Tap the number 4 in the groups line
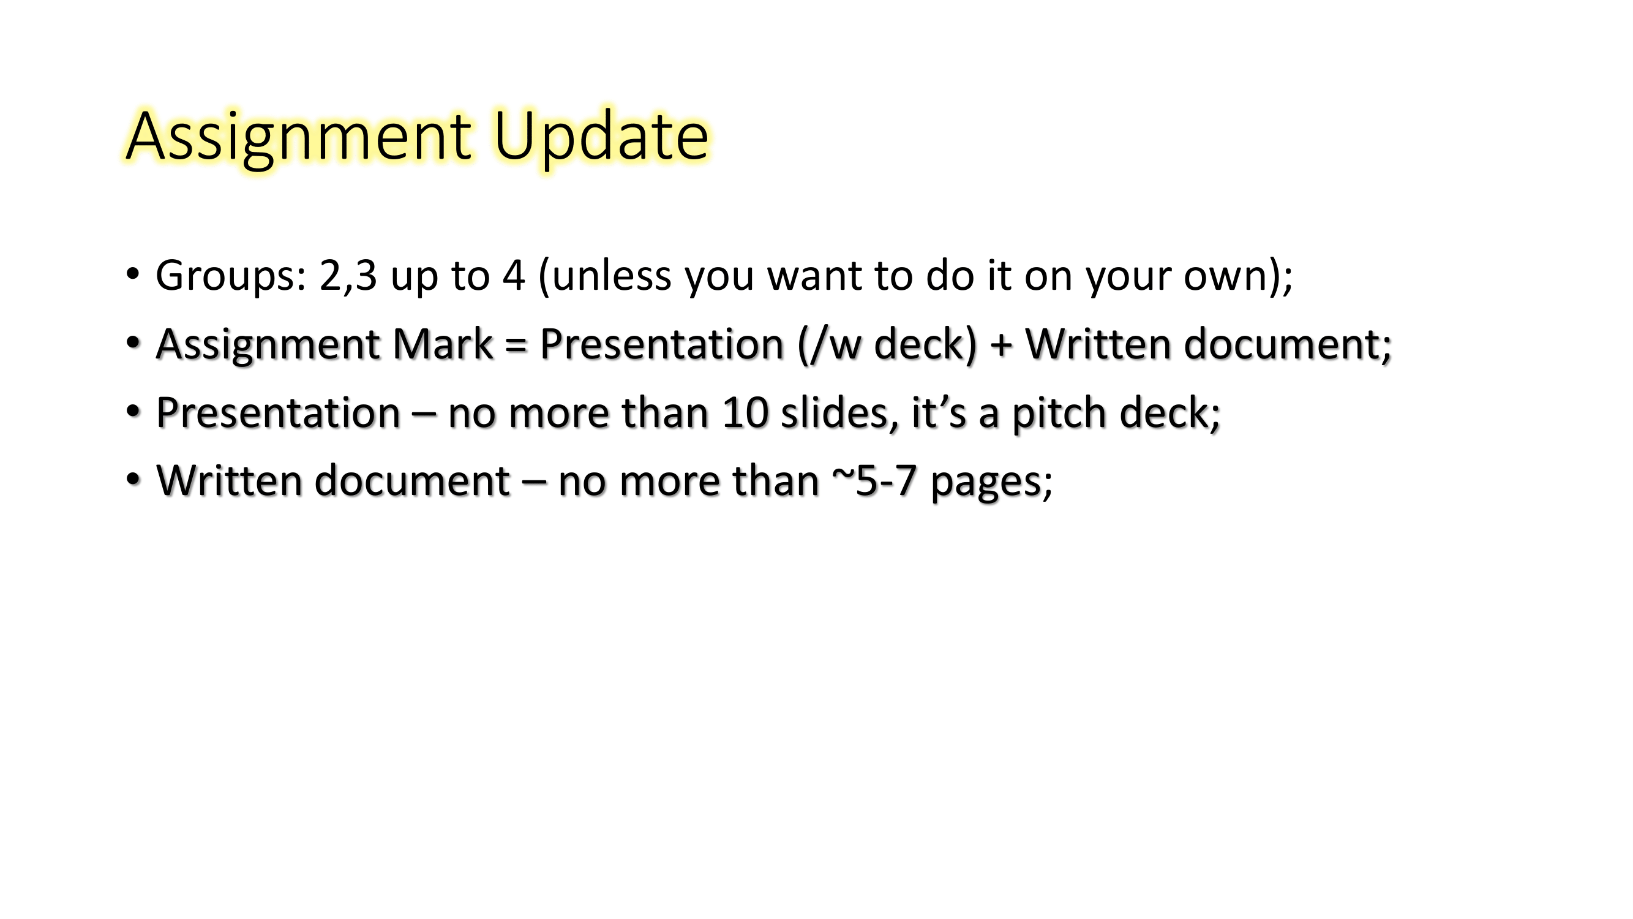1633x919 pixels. click(x=514, y=276)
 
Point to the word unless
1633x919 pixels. click(x=612, y=276)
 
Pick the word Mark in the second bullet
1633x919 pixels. click(x=442, y=344)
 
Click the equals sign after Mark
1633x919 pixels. click(x=516, y=346)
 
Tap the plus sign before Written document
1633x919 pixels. click(x=1001, y=346)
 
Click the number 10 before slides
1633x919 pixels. click(x=745, y=413)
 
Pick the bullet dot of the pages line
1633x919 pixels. click(x=132, y=480)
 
